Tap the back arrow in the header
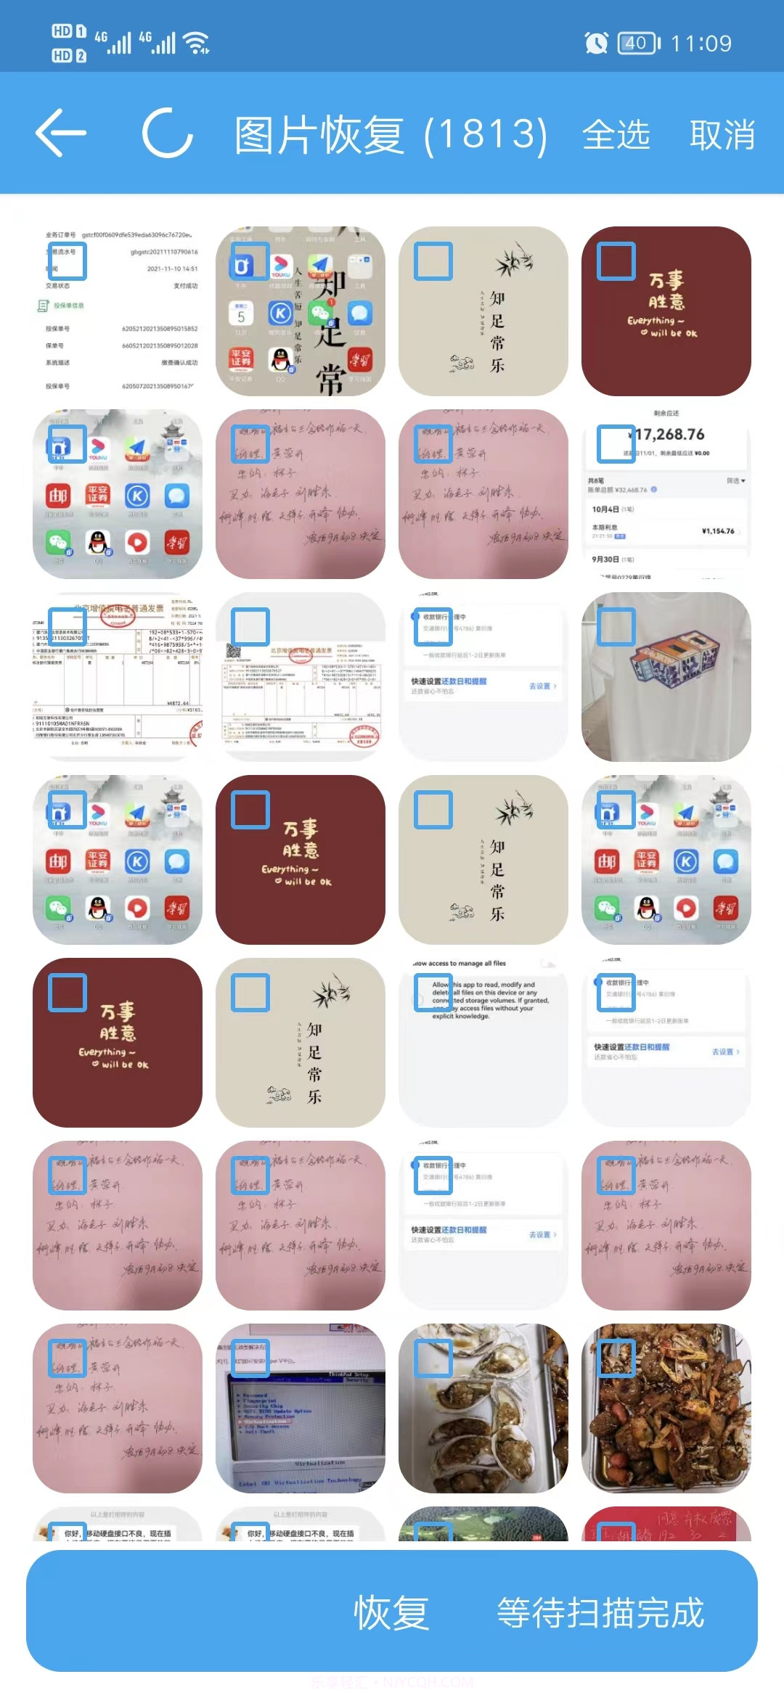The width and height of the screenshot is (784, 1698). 61,134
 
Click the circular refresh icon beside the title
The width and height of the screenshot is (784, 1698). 168,134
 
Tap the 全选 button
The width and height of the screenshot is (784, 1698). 616,135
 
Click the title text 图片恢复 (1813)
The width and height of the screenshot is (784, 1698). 391,135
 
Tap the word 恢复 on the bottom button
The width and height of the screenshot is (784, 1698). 391,1612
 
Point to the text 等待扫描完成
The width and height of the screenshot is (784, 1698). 600,1612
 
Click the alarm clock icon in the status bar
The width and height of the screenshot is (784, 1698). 596,44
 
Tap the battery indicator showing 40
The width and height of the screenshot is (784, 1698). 637,44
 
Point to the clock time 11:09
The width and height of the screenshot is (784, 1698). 701,44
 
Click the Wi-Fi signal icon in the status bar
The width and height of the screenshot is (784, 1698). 197,44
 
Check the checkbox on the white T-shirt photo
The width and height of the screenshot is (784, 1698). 616,626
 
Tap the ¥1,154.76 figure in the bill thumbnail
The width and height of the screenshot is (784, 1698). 717,531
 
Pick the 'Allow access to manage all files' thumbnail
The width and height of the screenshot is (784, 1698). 483,1042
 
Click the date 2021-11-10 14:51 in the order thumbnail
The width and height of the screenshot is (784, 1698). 172,268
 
